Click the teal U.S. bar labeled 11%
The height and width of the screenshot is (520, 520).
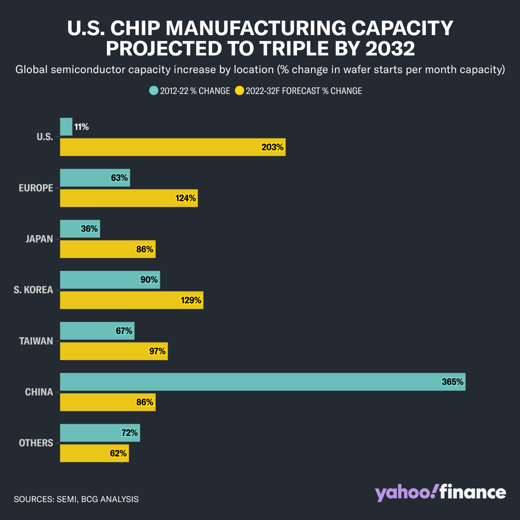[x=66, y=127]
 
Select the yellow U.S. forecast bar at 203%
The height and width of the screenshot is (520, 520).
[x=173, y=147]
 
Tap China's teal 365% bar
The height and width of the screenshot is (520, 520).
[x=263, y=382]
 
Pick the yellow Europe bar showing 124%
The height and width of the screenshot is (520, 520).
[x=129, y=198]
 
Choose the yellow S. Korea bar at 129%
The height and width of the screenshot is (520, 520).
[x=132, y=300]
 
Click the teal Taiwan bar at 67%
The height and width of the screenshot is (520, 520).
[x=97, y=331]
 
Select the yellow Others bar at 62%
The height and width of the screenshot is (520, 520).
[x=94, y=453]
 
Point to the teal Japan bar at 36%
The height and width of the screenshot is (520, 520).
[x=80, y=229]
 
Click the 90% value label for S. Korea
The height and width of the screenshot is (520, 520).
[x=149, y=280]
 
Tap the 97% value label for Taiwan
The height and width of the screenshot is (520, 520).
[x=157, y=351]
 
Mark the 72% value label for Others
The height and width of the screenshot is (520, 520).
[x=130, y=433]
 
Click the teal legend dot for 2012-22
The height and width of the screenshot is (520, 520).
[x=154, y=91]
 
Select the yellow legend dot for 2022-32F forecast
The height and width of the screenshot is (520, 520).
[x=240, y=91]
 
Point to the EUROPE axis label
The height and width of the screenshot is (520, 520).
[x=36, y=188]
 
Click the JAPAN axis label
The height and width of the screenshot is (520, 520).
[x=39, y=239]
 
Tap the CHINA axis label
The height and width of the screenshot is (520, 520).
[x=39, y=392]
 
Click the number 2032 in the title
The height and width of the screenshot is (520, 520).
[x=390, y=49]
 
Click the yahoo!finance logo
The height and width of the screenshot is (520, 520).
[x=440, y=493]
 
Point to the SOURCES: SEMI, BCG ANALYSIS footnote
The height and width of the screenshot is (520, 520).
[x=76, y=499]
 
